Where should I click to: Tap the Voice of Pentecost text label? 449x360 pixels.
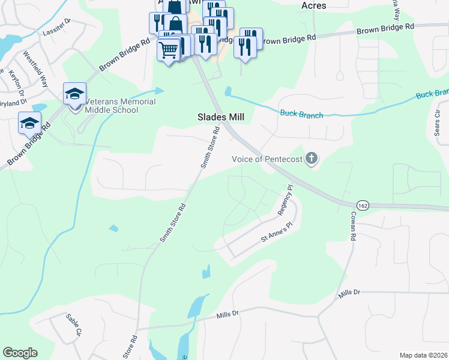coord(267,159)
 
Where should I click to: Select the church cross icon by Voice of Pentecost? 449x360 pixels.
coord(311,159)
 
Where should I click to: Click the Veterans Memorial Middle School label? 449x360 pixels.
coord(120,106)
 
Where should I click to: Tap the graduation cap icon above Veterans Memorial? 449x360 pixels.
coord(75,93)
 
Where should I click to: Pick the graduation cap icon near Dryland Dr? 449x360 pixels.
coord(29,123)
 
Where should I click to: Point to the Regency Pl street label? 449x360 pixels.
coord(285,200)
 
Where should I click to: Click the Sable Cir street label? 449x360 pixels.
coord(74,325)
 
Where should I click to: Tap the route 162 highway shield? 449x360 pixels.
coord(362,205)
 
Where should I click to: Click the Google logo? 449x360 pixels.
coord(20,353)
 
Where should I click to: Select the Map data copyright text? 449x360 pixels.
coord(423,355)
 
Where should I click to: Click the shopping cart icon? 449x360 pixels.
coord(169,49)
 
